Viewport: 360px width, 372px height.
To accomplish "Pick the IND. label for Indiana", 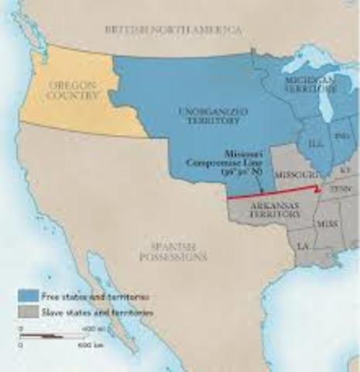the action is pos(340,136).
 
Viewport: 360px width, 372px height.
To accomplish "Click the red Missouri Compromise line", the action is pos(271,197).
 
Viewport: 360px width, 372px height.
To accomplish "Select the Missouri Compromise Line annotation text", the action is pos(217,162).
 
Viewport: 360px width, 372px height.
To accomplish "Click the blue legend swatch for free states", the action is pos(28,296).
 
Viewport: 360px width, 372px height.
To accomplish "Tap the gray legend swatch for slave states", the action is pos(28,312).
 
